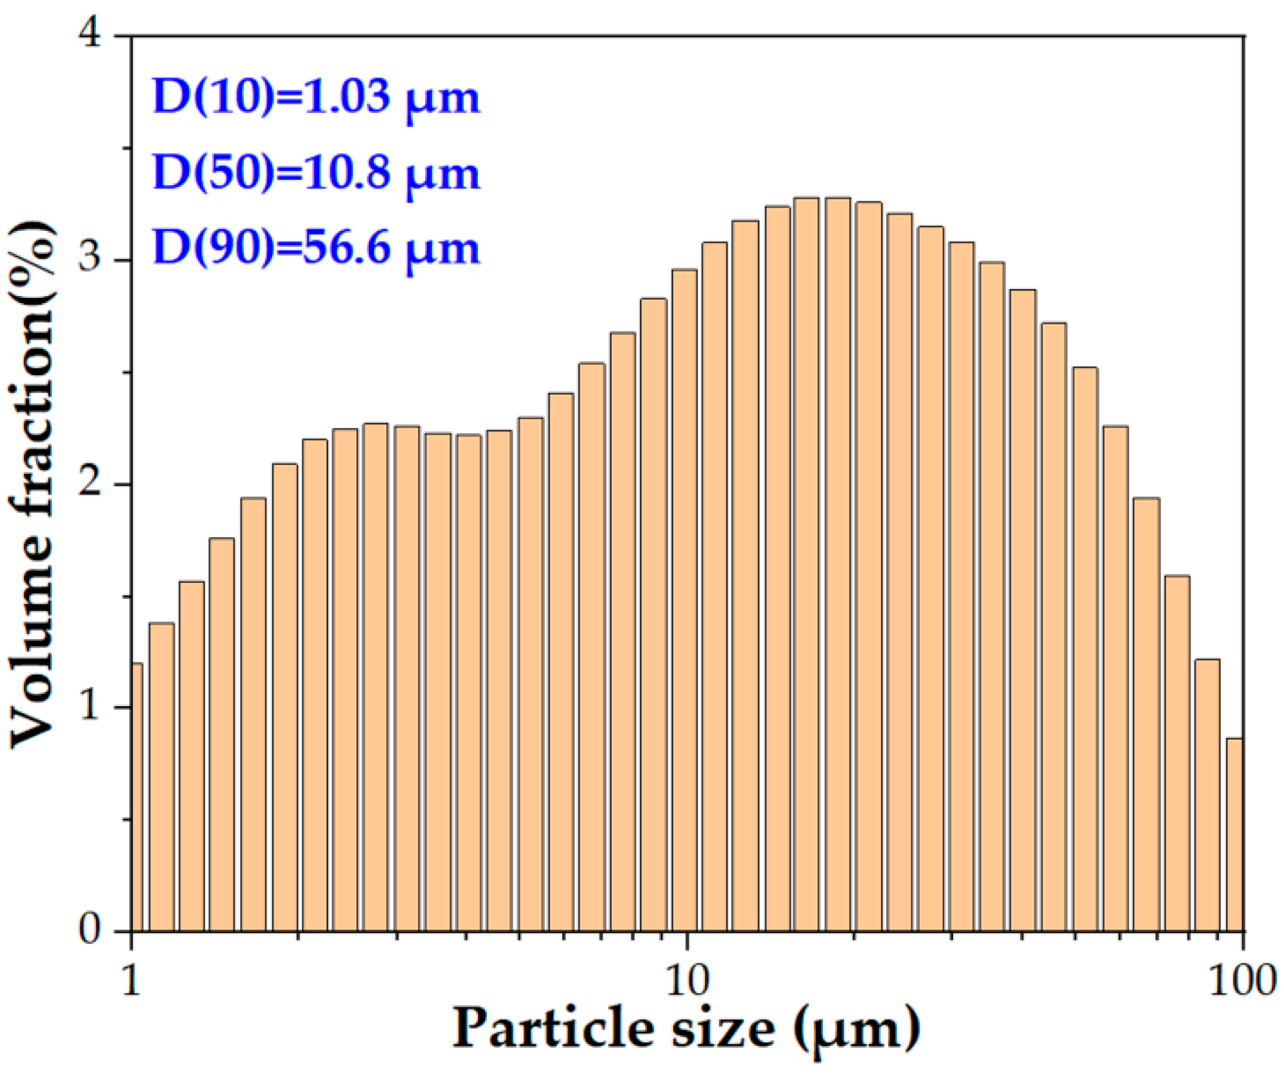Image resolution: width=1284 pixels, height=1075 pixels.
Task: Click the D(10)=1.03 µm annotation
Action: click(316, 97)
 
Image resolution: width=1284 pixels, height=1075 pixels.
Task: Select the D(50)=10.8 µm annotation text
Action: click(316, 173)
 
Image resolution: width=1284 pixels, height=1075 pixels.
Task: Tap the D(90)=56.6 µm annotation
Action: click(316, 248)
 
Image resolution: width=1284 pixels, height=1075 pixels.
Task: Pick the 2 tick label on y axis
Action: click(90, 483)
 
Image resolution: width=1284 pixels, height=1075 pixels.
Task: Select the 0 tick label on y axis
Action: click(90, 931)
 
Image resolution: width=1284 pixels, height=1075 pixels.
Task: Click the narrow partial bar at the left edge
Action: click(137, 796)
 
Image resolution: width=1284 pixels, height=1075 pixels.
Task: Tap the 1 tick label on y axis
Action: click(90, 707)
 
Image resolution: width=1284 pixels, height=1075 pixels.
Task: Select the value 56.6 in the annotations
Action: click(345, 248)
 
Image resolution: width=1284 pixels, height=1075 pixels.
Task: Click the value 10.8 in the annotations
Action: click(345, 173)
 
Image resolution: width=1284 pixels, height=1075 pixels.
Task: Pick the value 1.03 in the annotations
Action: click(345, 97)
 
